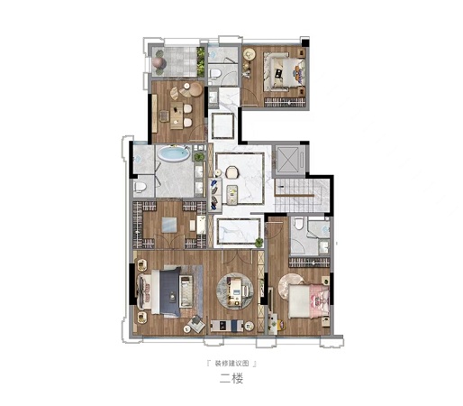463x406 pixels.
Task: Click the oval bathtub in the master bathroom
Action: tap(174, 153)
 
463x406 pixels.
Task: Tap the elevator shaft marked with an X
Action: tap(288, 159)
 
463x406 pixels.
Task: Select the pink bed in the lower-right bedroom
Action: tap(309, 301)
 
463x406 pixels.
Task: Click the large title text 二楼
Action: tap(231, 378)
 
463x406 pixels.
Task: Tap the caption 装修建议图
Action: tap(231, 364)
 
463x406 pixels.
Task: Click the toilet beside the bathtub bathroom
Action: tap(140, 187)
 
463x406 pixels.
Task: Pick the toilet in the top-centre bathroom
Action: tap(215, 73)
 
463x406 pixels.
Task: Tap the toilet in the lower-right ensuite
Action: tap(298, 223)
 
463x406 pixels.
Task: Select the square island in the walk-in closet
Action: tap(170, 225)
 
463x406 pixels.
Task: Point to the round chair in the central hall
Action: tap(231, 172)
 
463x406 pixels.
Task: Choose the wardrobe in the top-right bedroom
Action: tap(286, 102)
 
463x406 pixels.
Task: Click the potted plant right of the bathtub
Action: tap(198, 157)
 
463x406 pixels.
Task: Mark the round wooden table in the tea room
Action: tap(196, 89)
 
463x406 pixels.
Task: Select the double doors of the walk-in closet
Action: tap(169, 242)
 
